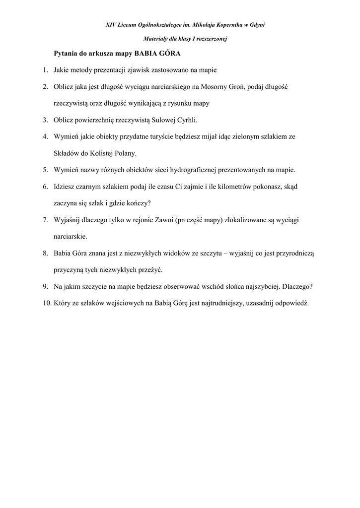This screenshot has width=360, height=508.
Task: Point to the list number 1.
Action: (x=44, y=70)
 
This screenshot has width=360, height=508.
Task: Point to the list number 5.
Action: (x=44, y=170)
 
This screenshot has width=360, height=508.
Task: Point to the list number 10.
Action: (x=43, y=303)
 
